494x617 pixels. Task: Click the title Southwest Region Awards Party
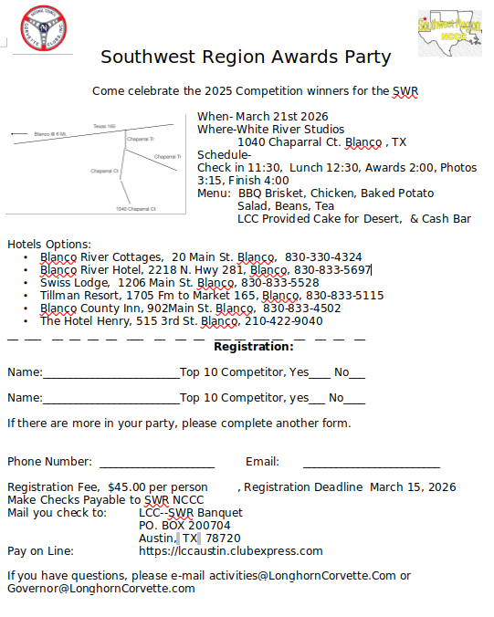(246, 57)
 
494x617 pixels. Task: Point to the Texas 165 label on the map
(104, 126)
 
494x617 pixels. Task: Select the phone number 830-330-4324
(323, 257)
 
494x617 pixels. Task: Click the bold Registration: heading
(254, 347)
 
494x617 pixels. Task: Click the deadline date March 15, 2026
(413, 487)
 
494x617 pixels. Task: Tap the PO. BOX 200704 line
(184, 526)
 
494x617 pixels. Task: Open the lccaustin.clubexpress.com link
(231, 551)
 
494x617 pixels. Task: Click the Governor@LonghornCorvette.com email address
(101, 589)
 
